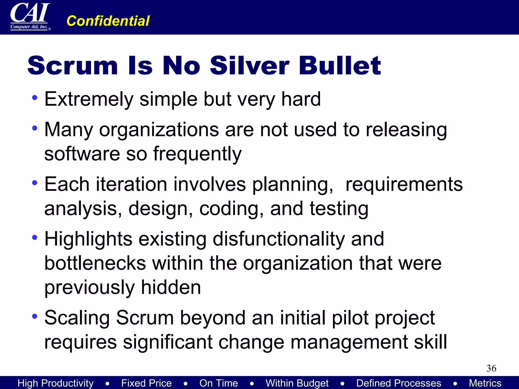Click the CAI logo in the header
tap(30, 16)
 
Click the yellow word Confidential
tap(108, 21)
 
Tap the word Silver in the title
tap(250, 66)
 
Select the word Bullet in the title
tap(340, 66)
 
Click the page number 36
tap(491, 368)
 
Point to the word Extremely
tap(89, 99)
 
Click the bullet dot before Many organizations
tap(35, 128)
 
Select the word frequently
tap(197, 154)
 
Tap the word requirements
tap(404, 184)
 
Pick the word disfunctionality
tap(279, 239)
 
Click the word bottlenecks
tap(95, 263)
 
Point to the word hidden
tap(171, 287)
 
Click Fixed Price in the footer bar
tap(146, 383)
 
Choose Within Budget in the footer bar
tap(297, 383)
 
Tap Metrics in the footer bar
tap(485, 383)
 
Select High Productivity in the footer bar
tap(55, 383)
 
